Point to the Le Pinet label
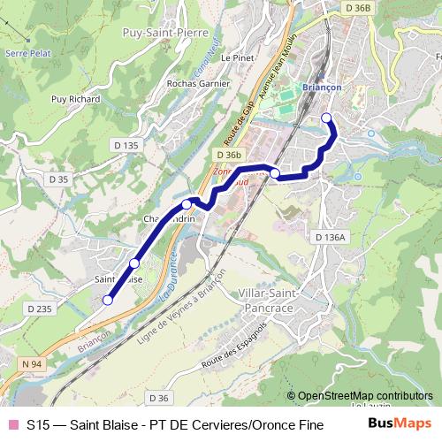click(238, 57)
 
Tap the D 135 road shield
click(126, 144)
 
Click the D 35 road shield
click(58, 179)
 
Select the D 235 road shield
click(39, 308)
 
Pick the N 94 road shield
click(32, 363)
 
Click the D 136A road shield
click(331, 237)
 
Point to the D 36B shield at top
click(358, 7)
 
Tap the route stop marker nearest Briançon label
click(326, 118)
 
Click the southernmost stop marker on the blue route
click(108, 300)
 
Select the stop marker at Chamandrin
click(187, 204)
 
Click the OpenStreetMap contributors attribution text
click(365, 396)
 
